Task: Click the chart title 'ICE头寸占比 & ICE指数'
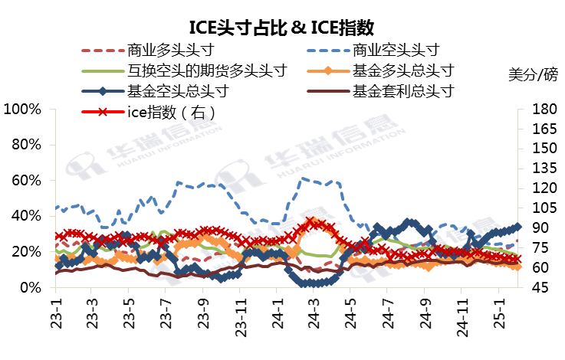point(281,28)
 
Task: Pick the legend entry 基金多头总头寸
point(403,71)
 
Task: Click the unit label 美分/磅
point(534,74)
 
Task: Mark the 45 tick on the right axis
point(537,287)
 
